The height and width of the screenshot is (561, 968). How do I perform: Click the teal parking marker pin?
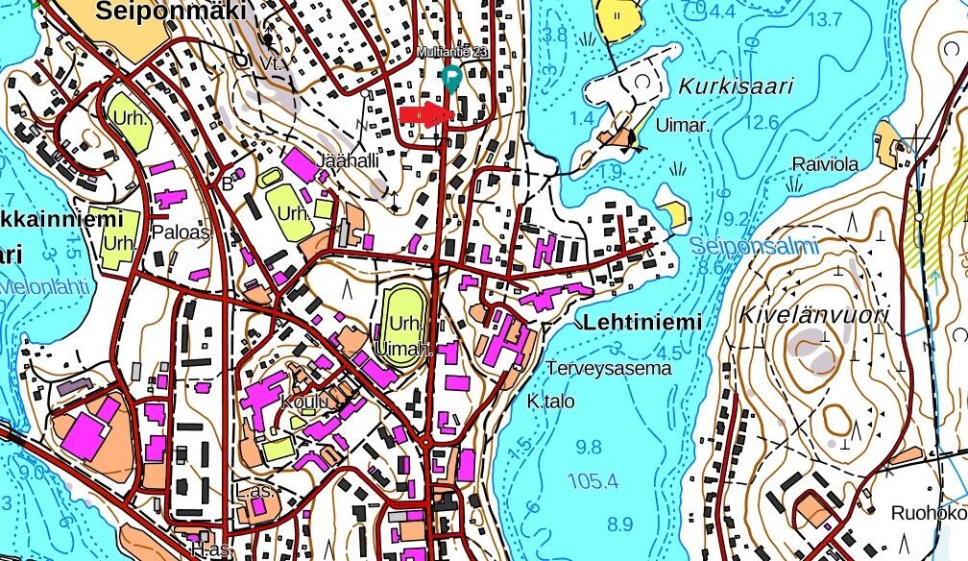tap(448, 78)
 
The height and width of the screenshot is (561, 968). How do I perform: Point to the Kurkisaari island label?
tap(736, 85)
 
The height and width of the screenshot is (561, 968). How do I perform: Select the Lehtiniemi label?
tap(641, 323)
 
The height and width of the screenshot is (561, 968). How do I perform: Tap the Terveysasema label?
tap(609, 368)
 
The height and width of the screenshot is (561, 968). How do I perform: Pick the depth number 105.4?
tap(593, 481)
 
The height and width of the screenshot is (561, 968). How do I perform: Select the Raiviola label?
tap(824, 164)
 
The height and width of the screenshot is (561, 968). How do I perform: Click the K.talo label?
tap(551, 401)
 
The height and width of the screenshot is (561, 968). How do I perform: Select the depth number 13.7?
tap(826, 19)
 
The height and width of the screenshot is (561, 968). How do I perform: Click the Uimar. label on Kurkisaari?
tap(683, 125)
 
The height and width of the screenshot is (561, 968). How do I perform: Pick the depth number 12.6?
tap(761, 122)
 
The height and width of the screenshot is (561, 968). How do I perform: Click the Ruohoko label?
tap(928, 512)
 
